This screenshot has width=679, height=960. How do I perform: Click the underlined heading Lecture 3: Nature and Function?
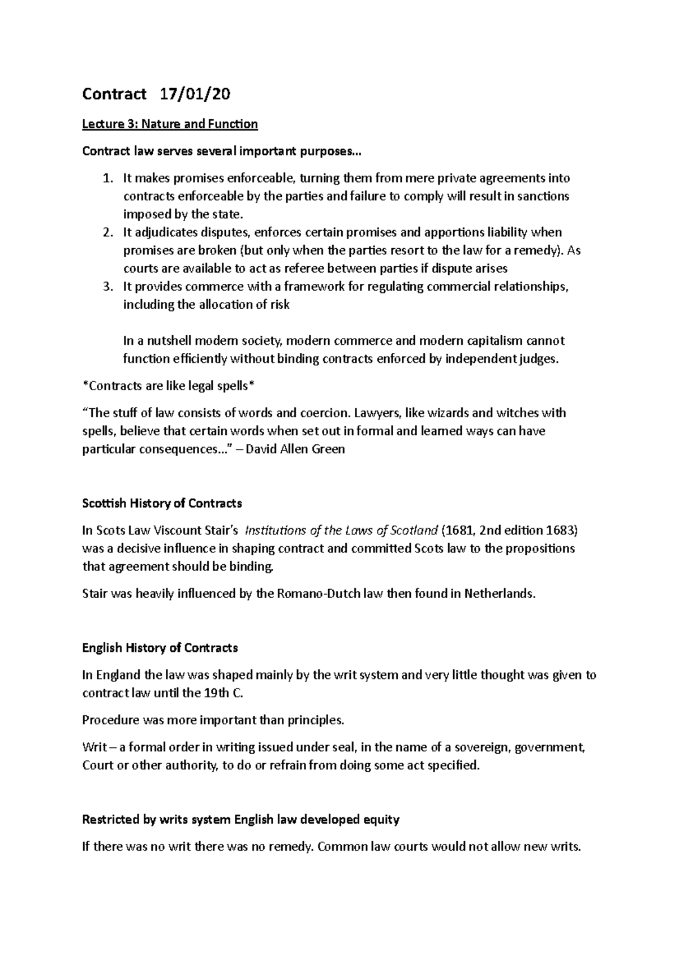pyautogui.click(x=170, y=124)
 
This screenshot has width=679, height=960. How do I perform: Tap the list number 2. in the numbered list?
pyautogui.click(x=108, y=232)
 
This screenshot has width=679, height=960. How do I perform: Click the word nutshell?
pyautogui.click(x=165, y=341)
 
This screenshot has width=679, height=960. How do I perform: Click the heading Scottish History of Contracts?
pyautogui.click(x=162, y=503)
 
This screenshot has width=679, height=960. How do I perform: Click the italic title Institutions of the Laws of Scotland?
pyautogui.click(x=342, y=530)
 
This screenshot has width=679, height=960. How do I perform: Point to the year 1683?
pyautogui.click(x=560, y=530)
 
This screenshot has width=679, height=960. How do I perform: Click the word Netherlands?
pyautogui.click(x=498, y=594)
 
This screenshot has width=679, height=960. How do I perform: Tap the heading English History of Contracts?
pyautogui.click(x=160, y=648)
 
